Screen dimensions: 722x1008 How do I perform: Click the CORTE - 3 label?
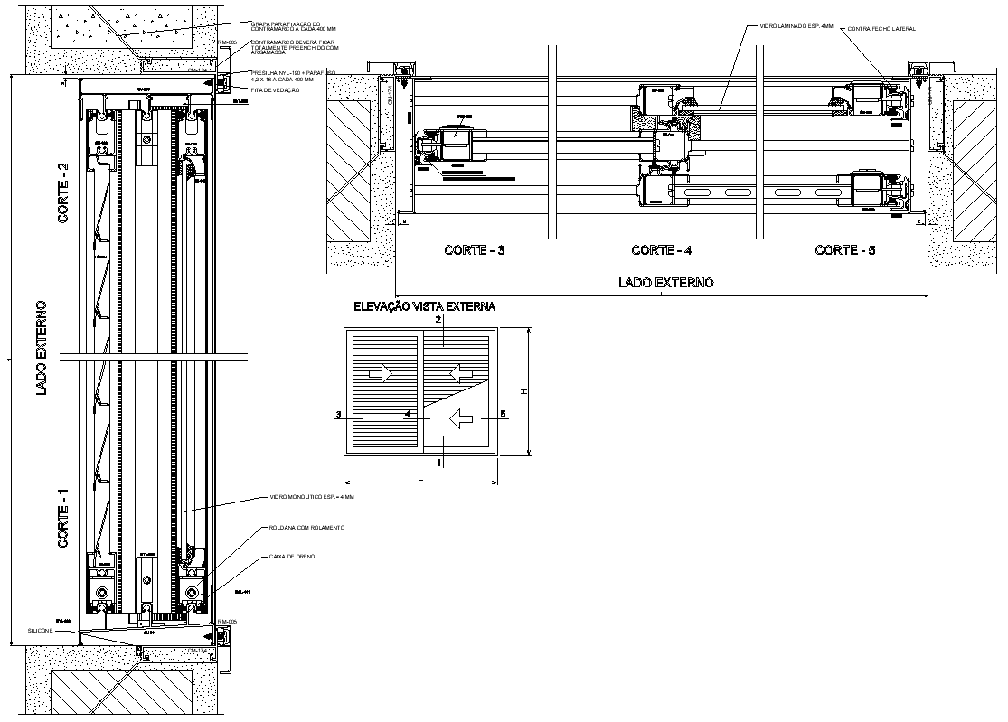475,250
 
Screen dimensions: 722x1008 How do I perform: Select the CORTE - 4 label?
661,250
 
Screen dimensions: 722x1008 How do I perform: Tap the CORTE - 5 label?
844,250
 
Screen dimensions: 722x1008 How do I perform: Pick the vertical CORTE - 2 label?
63,198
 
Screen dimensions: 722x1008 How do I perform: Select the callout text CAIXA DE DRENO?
291,558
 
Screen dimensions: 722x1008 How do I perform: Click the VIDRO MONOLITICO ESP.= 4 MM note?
312,497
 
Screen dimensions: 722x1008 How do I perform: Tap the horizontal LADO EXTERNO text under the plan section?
665,283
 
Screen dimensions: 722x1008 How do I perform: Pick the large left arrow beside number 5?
462,417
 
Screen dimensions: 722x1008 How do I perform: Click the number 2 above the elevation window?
438,320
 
